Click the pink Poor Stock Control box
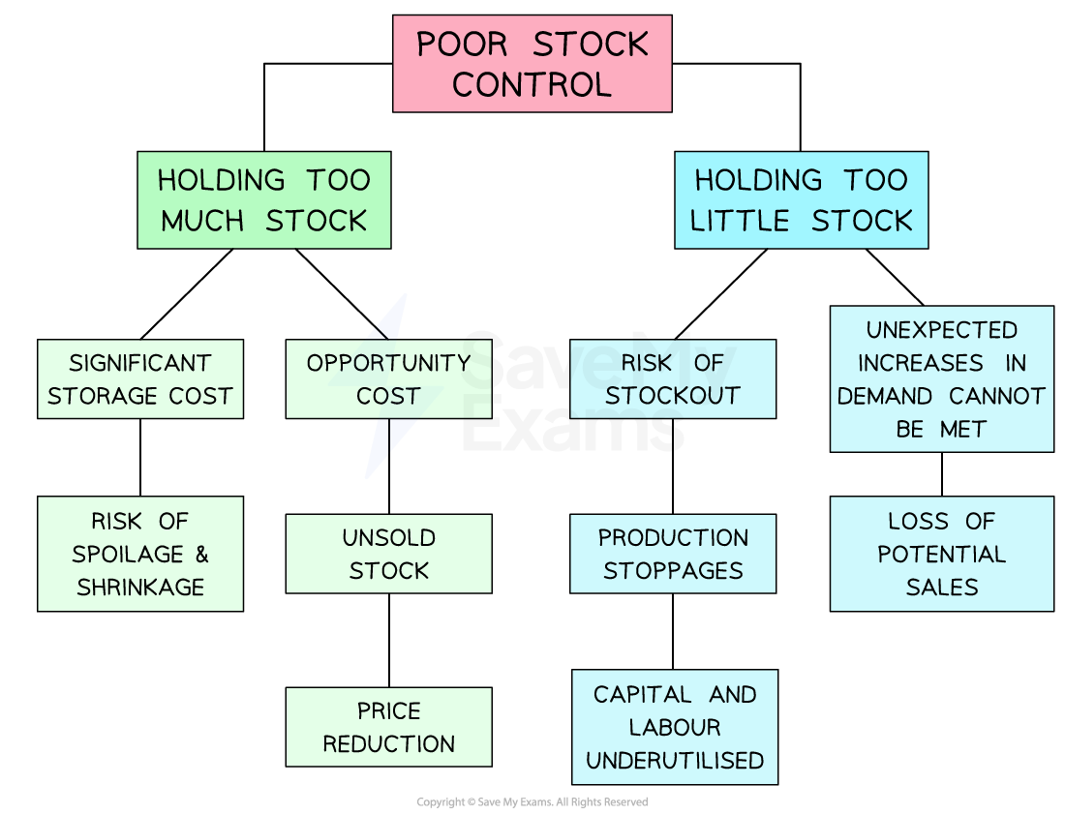pyautogui.click(x=532, y=64)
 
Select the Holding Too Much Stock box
pyautogui.click(x=263, y=200)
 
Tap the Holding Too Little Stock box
pyautogui.click(x=801, y=200)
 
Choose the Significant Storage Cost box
pyautogui.click(x=140, y=379)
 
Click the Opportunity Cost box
pyautogui.click(x=388, y=379)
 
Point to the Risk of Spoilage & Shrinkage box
pyautogui.click(x=140, y=554)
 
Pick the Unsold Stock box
pyautogui.click(x=388, y=554)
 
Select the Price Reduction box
pyautogui.click(x=388, y=727)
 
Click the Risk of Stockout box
pyautogui.click(x=672, y=379)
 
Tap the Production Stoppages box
pyautogui.click(x=672, y=554)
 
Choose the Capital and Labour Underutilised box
pyautogui.click(x=674, y=727)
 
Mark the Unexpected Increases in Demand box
pyautogui.click(x=941, y=379)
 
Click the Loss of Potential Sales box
pyautogui.click(x=941, y=554)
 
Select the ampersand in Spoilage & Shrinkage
pyautogui.click(x=201, y=555)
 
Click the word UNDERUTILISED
pyautogui.click(x=674, y=761)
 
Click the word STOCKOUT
pyautogui.click(x=672, y=396)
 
